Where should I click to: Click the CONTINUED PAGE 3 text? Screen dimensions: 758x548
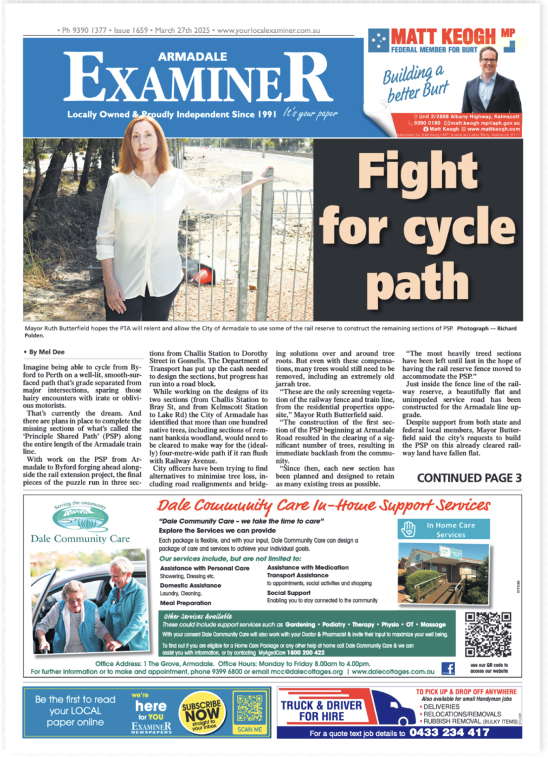(x=469, y=478)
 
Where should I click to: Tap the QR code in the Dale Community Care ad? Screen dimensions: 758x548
(x=487, y=634)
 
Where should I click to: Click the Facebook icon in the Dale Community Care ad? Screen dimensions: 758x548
(x=448, y=668)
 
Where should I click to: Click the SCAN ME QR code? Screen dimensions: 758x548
(x=250, y=709)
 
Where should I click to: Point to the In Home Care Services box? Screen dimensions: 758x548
(x=449, y=529)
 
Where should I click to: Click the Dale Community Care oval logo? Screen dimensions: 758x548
(x=80, y=516)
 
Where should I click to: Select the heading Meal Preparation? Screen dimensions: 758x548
(x=186, y=603)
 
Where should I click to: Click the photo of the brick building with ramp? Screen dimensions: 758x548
(x=442, y=572)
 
